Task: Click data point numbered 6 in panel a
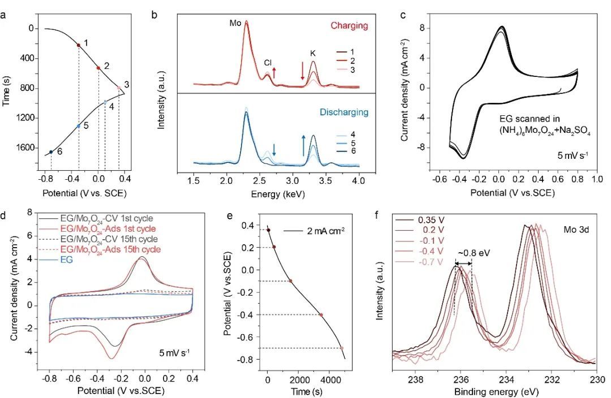coord(51,152)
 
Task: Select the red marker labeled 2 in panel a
coord(98,68)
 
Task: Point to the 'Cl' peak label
coord(268,63)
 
